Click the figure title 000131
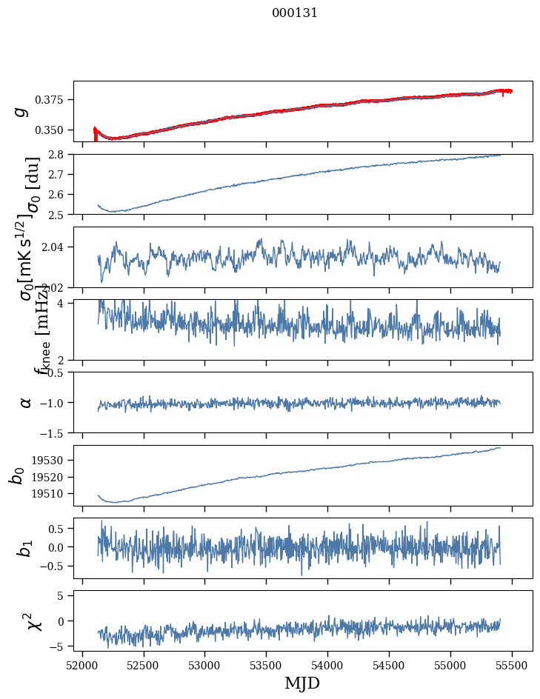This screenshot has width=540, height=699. tap(295, 13)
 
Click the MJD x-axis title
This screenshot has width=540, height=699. tap(302, 683)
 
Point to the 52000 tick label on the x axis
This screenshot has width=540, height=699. tap(82, 664)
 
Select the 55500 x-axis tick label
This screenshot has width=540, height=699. tap(513, 664)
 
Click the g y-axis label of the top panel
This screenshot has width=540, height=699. tap(22, 111)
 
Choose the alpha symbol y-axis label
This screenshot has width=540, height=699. tap(25, 402)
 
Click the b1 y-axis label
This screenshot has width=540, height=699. tap(25, 548)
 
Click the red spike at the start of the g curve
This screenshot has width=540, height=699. tap(95, 132)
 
